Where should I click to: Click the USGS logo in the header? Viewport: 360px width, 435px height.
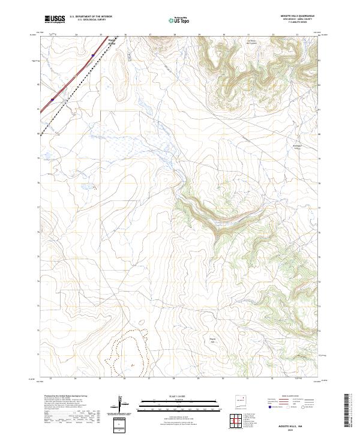[55, 20]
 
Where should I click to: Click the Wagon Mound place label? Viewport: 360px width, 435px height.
[112, 42]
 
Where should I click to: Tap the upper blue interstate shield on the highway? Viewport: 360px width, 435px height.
[93, 55]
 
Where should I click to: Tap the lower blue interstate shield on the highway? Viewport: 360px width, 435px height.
[53, 100]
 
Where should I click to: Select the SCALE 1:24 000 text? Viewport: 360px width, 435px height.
[179, 395]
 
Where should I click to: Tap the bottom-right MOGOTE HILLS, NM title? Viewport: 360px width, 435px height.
[298, 423]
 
